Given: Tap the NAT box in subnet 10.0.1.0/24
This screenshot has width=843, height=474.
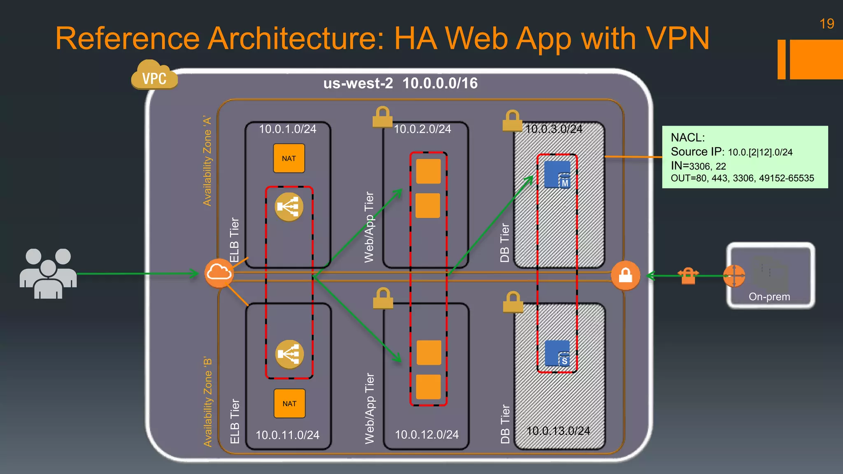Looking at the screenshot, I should click(289, 158).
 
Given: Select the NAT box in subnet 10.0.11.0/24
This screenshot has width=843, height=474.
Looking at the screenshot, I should click(289, 404).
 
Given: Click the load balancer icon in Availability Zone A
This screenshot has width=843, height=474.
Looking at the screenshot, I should click(289, 207).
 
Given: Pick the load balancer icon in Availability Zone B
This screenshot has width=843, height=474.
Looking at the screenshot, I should click(289, 354).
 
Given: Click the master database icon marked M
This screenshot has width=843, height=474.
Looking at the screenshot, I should click(558, 174).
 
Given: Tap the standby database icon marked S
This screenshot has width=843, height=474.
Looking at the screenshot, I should click(558, 353).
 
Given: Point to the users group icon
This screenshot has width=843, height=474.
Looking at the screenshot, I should click(48, 274).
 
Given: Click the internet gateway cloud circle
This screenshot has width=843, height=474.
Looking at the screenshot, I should click(219, 273).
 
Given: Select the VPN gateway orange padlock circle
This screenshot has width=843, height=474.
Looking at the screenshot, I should click(625, 275).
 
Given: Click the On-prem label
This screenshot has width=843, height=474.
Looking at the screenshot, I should click(769, 297).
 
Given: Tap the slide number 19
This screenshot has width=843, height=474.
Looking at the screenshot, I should click(827, 24).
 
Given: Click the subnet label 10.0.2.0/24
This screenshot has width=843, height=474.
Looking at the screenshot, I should click(422, 129).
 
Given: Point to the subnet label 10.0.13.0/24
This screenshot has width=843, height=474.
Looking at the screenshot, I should click(558, 431).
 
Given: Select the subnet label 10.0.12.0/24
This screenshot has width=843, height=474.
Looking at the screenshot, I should click(426, 434).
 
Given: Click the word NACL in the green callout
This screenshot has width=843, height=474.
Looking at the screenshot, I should click(687, 137).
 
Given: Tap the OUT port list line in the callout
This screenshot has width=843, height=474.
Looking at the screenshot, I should click(742, 178).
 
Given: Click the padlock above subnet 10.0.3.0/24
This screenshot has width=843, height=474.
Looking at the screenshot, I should click(512, 121).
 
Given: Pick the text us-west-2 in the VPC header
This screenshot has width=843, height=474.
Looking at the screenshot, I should click(358, 84).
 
